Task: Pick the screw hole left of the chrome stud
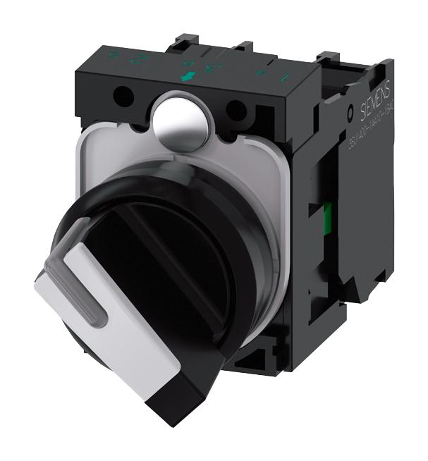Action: [x=126, y=93]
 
